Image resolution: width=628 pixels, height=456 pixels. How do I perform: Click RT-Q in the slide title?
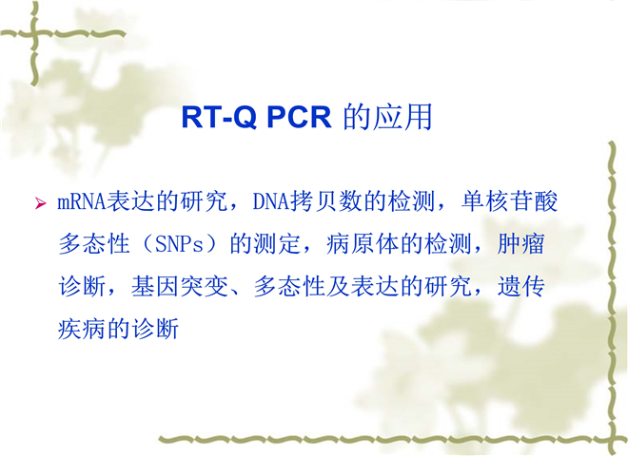pyautogui.click(x=219, y=117)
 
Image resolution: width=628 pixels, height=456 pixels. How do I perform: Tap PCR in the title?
pyautogui.click(x=299, y=117)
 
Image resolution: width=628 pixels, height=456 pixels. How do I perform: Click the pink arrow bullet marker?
pyautogui.click(x=41, y=203)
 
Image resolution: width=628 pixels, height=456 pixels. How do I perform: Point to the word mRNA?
pyautogui.click(x=82, y=201)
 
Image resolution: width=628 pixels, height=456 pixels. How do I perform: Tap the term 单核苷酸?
pyautogui.click(x=509, y=201)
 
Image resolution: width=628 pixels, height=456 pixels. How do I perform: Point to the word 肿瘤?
pyautogui.click(x=520, y=243)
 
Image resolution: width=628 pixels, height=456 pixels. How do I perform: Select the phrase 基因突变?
pyautogui.click(x=180, y=286)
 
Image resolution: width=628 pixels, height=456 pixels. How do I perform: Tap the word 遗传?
pyautogui.click(x=520, y=286)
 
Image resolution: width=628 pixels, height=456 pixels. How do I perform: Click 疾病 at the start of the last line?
pyautogui.click(x=82, y=330)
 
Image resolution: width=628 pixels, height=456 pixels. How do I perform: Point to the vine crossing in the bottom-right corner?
pyautogui.click(x=613, y=439)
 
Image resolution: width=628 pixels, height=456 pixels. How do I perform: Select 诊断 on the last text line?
pyautogui.click(x=155, y=330)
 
